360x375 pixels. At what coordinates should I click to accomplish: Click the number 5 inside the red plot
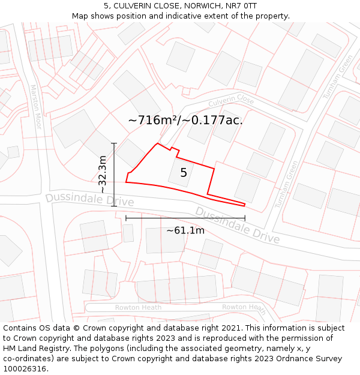pyautogui.click(x=184, y=173)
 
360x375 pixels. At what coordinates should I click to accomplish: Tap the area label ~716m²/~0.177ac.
pyautogui.click(x=185, y=120)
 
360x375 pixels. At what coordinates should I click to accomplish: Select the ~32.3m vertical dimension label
pyautogui.click(x=103, y=174)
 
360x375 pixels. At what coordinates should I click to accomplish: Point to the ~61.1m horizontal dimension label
pyautogui.click(x=185, y=230)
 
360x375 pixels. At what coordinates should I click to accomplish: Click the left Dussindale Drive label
pyautogui.click(x=81, y=199)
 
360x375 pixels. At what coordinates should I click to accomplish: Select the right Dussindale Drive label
pyautogui.click(x=237, y=225)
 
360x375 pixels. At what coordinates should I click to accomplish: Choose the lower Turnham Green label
pyautogui.click(x=287, y=184)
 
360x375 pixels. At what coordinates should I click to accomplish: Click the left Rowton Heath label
pyautogui.click(x=138, y=307)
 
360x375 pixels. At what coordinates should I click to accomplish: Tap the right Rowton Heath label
pyautogui.click(x=244, y=308)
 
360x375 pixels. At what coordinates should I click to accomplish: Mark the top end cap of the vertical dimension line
pyautogui.click(x=114, y=143)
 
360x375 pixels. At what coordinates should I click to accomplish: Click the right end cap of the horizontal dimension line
pyautogui.click(x=245, y=218)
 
